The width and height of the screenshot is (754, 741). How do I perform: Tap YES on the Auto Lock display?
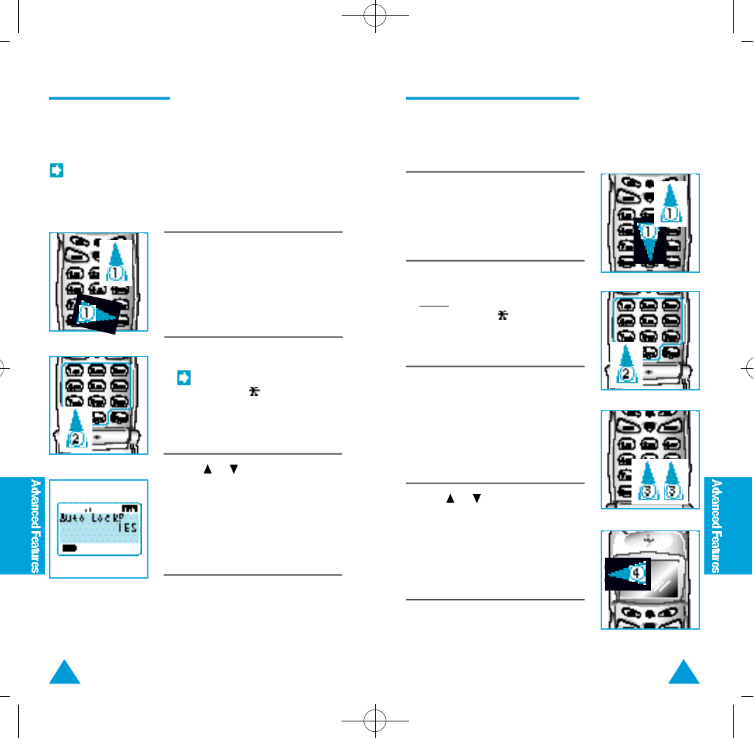(126, 528)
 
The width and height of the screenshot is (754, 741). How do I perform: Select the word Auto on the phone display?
(75, 519)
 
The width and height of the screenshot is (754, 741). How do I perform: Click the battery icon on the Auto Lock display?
(69, 549)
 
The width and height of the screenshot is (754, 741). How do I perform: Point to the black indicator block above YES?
(129, 508)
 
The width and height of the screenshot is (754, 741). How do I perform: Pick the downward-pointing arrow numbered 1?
(650, 241)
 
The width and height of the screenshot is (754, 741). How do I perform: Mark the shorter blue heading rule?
(109, 98)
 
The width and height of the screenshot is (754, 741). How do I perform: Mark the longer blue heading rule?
(492, 98)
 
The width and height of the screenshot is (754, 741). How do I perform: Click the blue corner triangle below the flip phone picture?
(685, 672)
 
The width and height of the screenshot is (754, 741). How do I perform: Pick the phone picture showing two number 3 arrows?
(650, 460)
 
